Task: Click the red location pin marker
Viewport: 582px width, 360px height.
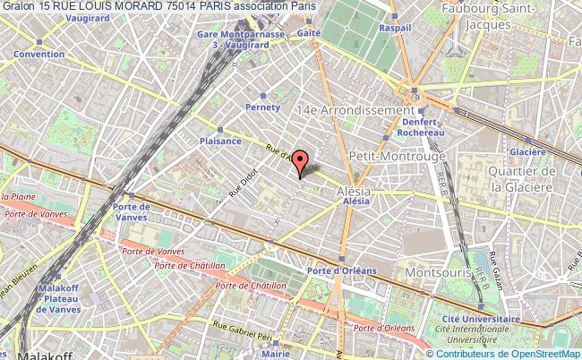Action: pos(301,161)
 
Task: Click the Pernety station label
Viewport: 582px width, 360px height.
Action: pos(262,106)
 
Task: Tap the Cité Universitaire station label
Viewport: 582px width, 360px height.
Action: pos(481,318)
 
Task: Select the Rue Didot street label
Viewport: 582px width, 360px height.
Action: pos(244,181)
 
